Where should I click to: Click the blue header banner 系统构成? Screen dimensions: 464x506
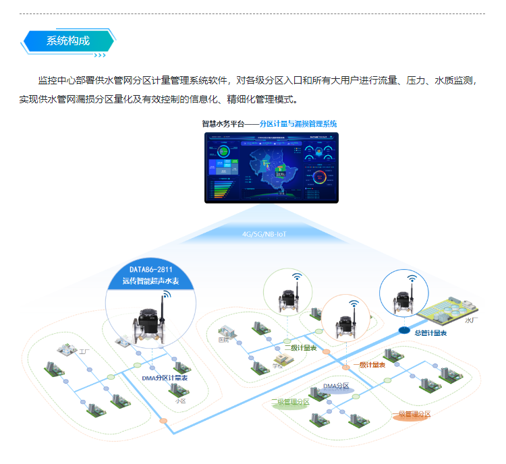coord(67,40)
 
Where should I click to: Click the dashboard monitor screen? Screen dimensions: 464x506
coord(272,167)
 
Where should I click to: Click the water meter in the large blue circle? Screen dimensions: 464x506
coord(150,322)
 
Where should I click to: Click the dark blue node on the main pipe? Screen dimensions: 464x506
coord(403,330)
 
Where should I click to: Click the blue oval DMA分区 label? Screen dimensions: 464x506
coord(335,386)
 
